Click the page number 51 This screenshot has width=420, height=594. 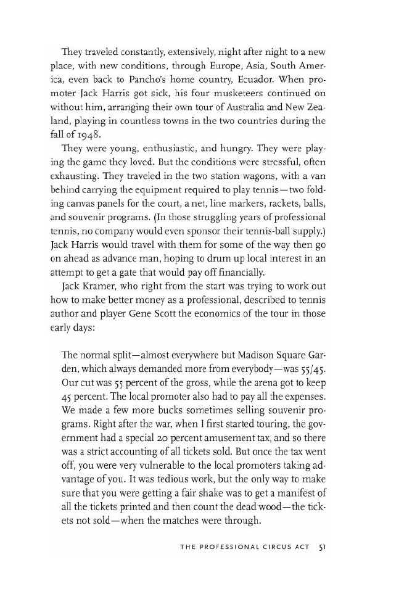tap(322, 547)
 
